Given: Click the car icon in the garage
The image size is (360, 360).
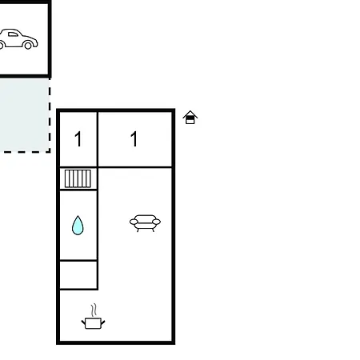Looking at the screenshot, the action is pyautogui.click(x=18, y=39).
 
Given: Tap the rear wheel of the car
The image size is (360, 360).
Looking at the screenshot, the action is pyautogui.click(x=28, y=46).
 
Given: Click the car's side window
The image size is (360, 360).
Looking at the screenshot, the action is pyautogui.click(x=13, y=34).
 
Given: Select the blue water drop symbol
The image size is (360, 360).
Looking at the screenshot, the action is pyautogui.click(x=78, y=226).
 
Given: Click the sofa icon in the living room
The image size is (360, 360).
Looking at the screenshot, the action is pyautogui.click(x=145, y=223).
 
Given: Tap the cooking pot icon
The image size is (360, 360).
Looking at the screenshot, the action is pyautogui.click(x=93, y=323).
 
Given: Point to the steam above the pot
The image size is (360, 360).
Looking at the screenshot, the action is pyautogui.click(x=94, y=310).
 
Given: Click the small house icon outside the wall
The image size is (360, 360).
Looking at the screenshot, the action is pyautogui.click(x=190, y=118).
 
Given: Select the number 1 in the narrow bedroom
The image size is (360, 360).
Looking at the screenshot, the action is pyautogui.click(x=78, y=138).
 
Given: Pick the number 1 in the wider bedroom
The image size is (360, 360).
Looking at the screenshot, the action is pyautogui.click(x=134, y=138).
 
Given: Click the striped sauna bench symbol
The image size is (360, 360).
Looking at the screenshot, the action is pyautogui.click(x=78, y=178).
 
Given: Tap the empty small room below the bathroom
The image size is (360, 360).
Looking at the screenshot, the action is pyautogui.click(x=78, y=274).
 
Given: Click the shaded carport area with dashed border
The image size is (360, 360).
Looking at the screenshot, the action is pyautogui.click(x=25, y=115).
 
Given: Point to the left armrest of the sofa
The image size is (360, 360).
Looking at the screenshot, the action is pyautogui.click(x=134, y=222).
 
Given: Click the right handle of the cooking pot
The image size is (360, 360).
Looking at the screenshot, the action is pyautogui.click(x=103, y=322).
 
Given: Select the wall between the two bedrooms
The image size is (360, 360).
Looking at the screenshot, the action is pyautogui.click(x=98, y=139).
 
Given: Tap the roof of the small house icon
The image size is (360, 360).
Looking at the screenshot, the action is pyautogui.click(x=190, y=114).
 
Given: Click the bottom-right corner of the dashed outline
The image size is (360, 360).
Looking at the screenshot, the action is pyautogui.click(x=50, y=152).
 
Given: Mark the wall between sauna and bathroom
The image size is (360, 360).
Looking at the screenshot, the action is pyautogui.click(x=78, y=190).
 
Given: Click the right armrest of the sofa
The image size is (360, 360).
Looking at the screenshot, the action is pyautogui.click(x=157, y=222).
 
